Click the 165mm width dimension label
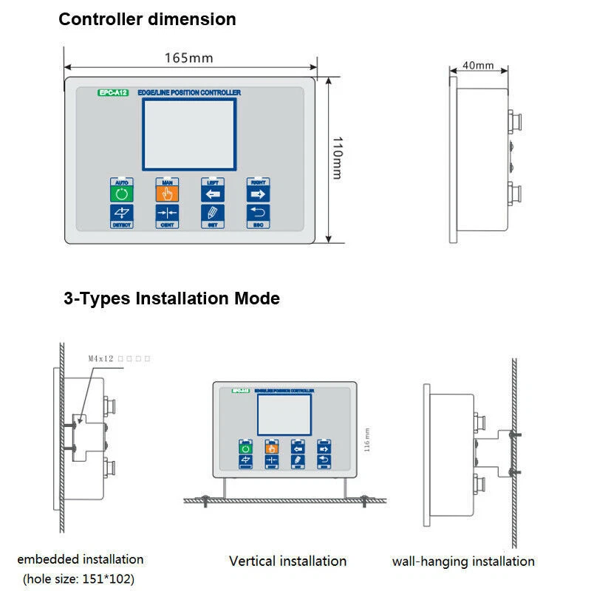189,57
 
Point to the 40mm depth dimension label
478,65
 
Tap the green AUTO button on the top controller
121,194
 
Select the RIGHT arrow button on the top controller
258,194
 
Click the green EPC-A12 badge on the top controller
114,92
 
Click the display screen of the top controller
189,134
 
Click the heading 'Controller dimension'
147,19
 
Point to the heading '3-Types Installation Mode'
171,298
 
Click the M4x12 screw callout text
103,358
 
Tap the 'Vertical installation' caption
287,561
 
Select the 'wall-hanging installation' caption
463,561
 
